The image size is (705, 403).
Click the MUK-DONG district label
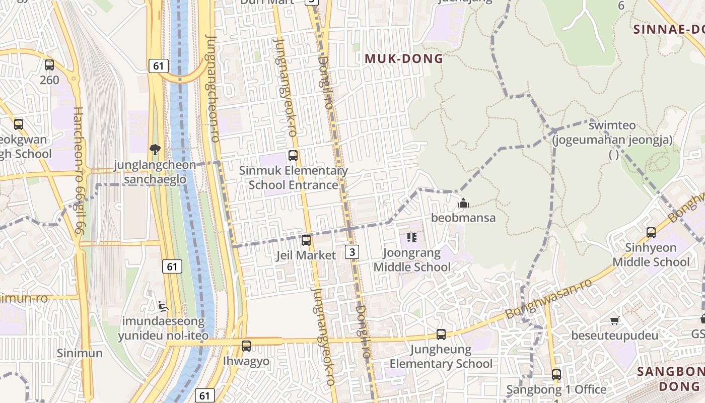coord(404,59)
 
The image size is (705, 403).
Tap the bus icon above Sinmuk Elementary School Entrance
coord(293,156)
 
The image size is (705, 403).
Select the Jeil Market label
coord(306,255)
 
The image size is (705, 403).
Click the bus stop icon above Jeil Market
coord(306,240)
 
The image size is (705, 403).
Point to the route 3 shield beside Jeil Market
coord(352,251)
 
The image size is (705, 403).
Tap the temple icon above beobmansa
coord(463,203)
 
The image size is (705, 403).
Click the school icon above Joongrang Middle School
coord(412,237)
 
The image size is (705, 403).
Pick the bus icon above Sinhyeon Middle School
coord(651,232)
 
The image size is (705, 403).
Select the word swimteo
coord(612,125)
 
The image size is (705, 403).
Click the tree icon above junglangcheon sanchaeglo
coord(155,149)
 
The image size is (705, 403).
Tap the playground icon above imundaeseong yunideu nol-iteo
coord(162,306)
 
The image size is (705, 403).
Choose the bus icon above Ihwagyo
coord(246,346)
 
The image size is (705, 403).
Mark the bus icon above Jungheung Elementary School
coord(441,334)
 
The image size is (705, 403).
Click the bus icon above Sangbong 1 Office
coord(556,374)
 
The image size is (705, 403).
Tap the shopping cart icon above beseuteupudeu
coord(614,320)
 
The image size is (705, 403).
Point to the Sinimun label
coord(80,353)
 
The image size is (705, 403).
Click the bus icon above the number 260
coord(49,65)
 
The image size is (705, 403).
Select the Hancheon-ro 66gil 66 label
coord(79,170)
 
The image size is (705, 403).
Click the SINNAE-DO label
coord(669,29)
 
